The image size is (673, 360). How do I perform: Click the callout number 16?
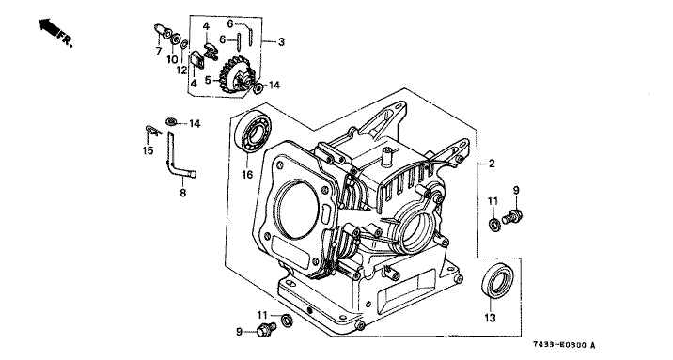pos(247,174)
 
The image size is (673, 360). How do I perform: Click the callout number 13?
pos(490,318)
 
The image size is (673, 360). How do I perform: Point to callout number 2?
pos(492,164)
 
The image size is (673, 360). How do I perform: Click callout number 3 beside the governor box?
pos(281,41)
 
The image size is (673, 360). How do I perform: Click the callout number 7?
pos(159,51)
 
